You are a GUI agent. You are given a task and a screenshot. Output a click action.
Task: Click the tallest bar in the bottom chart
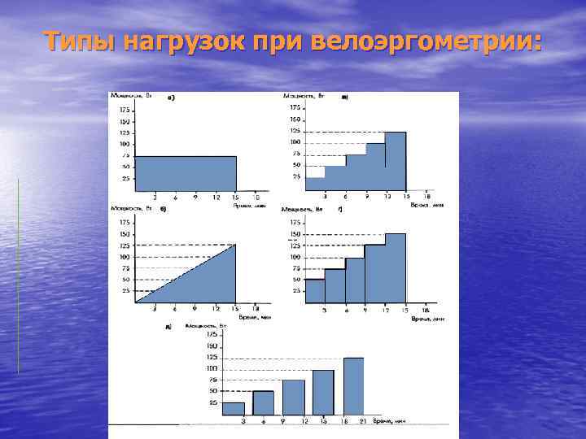coord(353,386)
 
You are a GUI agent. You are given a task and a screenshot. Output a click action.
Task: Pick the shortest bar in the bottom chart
coord(233,408)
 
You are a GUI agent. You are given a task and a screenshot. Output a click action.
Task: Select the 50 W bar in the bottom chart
coord(263,402)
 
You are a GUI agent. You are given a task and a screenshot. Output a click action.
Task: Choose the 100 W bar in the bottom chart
coord(323,393)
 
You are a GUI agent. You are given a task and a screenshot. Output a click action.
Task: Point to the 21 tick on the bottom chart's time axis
coord(362,421)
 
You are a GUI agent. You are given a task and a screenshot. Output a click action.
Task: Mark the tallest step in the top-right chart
coord(396,160)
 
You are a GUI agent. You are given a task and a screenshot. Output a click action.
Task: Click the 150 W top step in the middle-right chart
coord(395,267)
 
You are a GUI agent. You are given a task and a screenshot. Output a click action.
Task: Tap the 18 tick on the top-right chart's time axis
coord(426,196)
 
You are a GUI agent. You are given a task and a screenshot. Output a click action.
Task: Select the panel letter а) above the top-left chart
coord(172,98)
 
